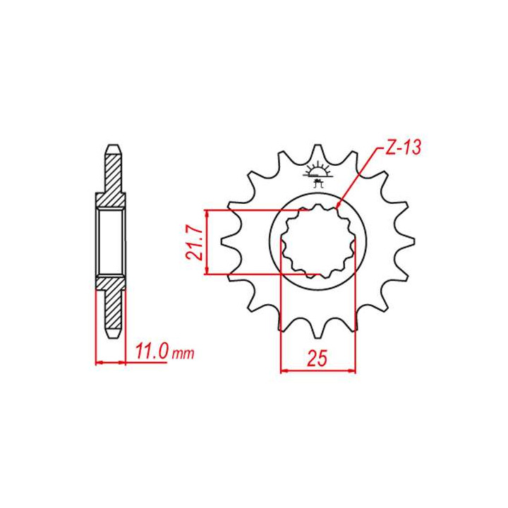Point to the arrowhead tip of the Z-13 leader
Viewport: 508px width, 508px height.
tap(339, 206)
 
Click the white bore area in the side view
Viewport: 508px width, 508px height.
tap(111, 242)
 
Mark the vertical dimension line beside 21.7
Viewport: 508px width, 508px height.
tap(205, 242)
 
